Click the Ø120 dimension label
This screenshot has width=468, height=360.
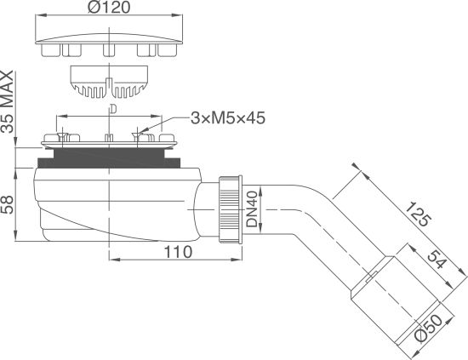(x=109, y=7)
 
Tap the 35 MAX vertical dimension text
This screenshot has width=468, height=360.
(x=7, y=101)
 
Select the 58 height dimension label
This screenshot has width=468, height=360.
(x=7, y=204)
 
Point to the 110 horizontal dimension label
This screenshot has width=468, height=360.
(x=178, y=252)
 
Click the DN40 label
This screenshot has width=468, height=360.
(x=252, y=209)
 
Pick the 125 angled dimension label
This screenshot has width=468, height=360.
(x=419, y=214)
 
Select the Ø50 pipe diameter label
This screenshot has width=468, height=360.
(x=429, y=329)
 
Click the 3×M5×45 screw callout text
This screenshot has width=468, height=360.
(x=228, y=118)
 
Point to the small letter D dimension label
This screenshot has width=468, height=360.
(x=113, y=109)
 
